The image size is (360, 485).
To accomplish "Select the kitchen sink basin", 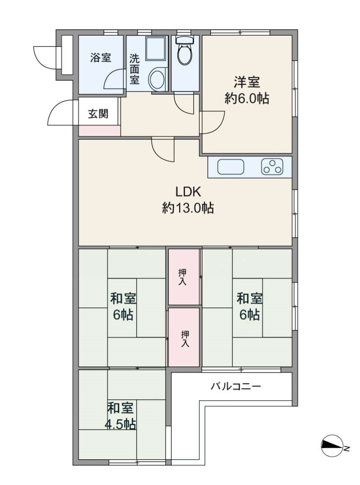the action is (x=231, y=167).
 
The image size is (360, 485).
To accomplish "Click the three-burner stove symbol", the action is (x=272, y=167).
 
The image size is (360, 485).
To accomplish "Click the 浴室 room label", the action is (x=101, y=58).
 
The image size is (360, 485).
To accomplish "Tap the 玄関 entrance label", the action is (x=98, y=114).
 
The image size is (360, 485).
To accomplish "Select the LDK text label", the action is (x=189, y=192).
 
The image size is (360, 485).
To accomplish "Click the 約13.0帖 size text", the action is (x=188, y=208).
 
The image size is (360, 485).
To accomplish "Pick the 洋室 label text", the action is (x=247, y=82).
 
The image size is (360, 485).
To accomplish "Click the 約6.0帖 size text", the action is (x=247, y=99).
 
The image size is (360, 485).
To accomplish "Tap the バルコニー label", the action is (x=236, y=386).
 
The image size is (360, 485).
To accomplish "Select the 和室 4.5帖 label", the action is (x=121, y=416).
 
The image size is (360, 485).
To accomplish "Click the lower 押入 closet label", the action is (x=185, y=339).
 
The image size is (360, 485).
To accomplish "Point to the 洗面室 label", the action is (x=134, y=69).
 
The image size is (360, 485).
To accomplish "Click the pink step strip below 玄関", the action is (x=99, y=131).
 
